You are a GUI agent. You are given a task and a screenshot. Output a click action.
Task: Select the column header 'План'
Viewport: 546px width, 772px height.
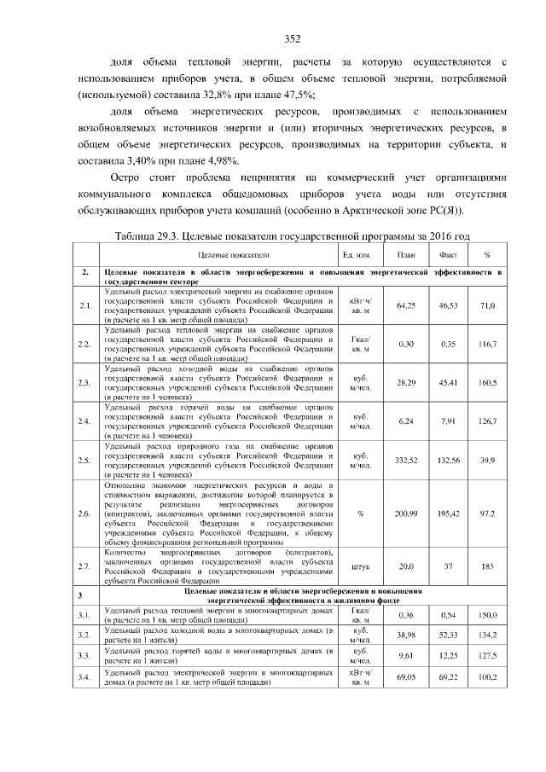pyautogui.click(x=406, y=255)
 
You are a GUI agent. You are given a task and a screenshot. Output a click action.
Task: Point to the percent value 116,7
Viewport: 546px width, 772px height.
pyautogui.click(x=486, y=344)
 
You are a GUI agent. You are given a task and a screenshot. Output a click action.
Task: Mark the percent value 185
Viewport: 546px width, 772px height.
pyautogui.click(x=486, y=566)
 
